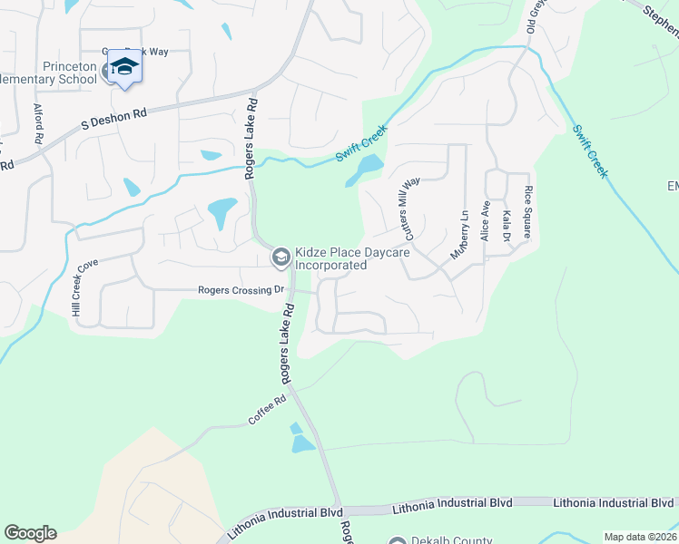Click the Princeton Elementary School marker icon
tap(123, 68)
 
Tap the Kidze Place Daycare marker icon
tap(280, 258)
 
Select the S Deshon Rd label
tap(114, 117)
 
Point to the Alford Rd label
tap(39, 125)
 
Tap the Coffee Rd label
tap(268, 411)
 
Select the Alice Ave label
tap(486, 220)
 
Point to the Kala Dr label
tap(507, 226)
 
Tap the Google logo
tap(30, 533)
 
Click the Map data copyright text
tap(641, 537)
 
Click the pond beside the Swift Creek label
tap(365, 170)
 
